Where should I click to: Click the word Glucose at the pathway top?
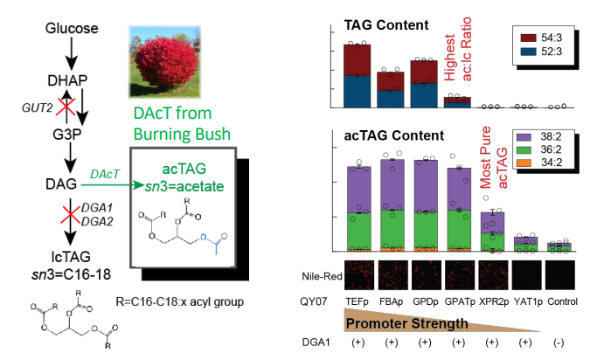(72, 28)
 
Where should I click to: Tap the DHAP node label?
(67, 80)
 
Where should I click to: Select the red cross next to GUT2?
(66, 107)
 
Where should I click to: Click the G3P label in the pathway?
(67, 135)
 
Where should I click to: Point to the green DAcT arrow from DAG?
(112, 185)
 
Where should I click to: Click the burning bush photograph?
(165, 62)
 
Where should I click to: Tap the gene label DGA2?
(97, 221)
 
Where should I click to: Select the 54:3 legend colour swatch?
(528, 38)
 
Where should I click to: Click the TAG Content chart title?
(386, 25)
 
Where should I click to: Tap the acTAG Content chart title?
(393, 135)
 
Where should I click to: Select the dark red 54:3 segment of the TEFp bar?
(358, 60)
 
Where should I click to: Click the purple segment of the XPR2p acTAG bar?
(492, 223)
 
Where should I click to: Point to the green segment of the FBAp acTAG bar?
(392, 229)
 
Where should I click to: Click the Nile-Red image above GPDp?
(426, 275)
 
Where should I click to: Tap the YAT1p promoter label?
(528, 301)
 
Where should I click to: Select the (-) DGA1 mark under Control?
(559, 343)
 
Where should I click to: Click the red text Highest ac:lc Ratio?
(458, 49)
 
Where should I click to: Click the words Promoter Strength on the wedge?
(407, 323)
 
